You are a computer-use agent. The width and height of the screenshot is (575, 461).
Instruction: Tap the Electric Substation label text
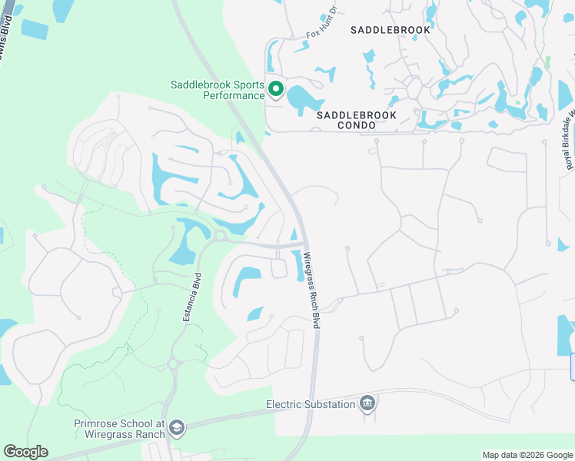click(311, 404)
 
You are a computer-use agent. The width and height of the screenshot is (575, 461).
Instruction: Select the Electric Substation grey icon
click(367, 403)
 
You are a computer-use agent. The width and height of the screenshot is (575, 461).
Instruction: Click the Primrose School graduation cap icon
click(177, 428)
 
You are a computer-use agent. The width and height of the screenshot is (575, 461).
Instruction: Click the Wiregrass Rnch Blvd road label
click(311, 291)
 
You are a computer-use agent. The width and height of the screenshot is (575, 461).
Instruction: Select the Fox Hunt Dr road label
click(322, 23)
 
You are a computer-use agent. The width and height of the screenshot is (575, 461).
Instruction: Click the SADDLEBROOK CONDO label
click(357, 120)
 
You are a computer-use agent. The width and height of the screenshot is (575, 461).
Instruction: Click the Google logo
click(25, 452)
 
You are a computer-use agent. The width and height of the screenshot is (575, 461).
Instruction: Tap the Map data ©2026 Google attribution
click(527, 455)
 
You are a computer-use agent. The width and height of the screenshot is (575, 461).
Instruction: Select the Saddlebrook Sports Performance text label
click(218, 91)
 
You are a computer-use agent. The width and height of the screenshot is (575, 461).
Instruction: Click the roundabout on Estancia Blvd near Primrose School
click(174, 363)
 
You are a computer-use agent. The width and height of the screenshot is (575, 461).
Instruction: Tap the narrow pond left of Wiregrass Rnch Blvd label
click(297, 267)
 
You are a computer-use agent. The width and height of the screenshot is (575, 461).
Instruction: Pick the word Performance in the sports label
click(234, 96)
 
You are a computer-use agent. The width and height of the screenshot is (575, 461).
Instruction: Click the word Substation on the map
click(328, 404)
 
